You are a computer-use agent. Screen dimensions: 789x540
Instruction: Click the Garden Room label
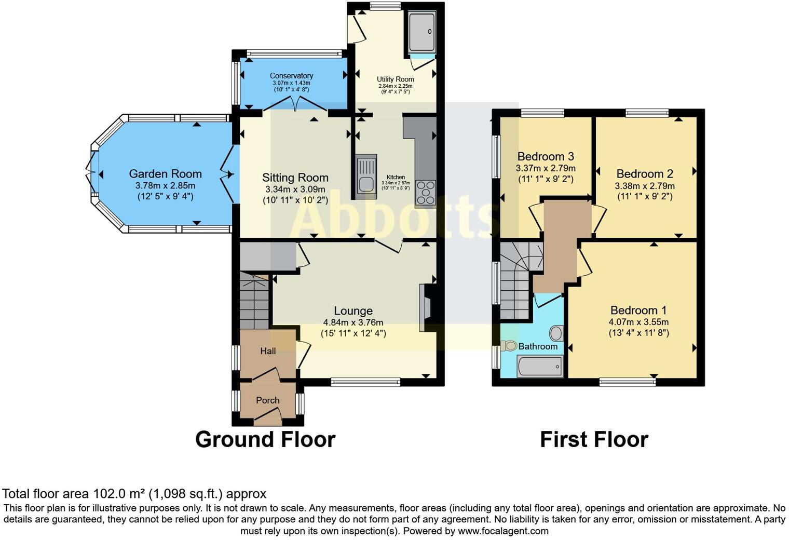point(165,173)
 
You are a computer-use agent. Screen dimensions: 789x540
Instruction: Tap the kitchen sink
point(366,177)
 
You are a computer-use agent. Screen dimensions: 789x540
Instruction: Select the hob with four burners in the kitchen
point(426,193)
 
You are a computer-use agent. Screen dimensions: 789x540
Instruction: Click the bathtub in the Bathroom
point(540,367)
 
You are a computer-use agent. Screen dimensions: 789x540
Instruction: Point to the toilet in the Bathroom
point(508,346)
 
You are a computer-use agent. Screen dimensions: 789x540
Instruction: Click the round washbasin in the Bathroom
point(556,333)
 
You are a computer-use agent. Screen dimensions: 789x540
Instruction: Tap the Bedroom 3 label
point(546,156)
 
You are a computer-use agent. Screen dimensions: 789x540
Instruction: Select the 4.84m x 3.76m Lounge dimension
point(353,322)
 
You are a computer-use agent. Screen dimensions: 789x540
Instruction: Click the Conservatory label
point(291,76)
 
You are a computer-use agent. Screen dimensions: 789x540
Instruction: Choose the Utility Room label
point(395,79)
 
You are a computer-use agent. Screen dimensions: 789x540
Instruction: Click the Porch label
point(268,400)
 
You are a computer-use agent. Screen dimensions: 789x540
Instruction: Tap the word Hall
point(268,351)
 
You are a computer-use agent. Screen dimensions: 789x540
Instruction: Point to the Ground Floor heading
point(265,440)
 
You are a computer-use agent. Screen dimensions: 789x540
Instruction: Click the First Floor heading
point(594,440)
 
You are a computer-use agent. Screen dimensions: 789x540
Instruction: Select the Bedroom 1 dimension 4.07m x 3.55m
point(638,322)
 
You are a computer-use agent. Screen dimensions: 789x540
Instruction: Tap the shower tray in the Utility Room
point(421,32)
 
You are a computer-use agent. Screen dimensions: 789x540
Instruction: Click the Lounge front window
point(365,382)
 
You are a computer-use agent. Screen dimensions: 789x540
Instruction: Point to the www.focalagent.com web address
point(503,531)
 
